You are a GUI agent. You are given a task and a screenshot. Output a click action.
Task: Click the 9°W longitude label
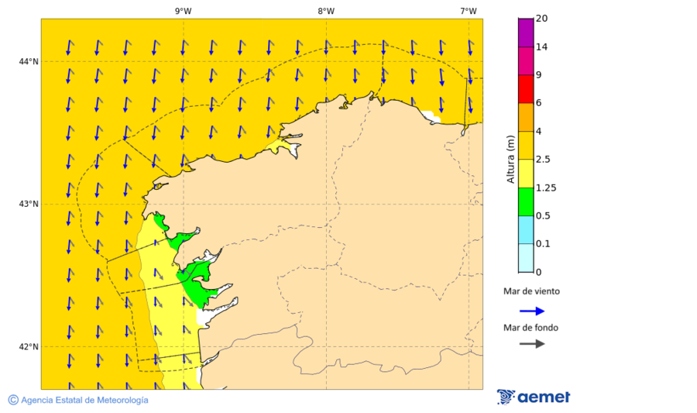pos(183,11)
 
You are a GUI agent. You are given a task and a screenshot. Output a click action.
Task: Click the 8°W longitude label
pos(326,11)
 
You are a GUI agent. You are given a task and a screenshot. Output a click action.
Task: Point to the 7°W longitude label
pos(468,11)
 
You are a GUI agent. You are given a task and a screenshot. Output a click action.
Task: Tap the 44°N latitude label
pos(29,61)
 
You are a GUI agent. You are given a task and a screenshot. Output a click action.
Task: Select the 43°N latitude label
pos(29,204)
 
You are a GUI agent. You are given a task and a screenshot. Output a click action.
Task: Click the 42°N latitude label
pos(29,346)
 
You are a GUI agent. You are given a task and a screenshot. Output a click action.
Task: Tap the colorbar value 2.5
pos(542,160)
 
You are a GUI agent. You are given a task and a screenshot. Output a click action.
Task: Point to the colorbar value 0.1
pos(542,244)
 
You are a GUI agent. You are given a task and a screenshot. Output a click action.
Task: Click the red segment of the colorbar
pos(526,88)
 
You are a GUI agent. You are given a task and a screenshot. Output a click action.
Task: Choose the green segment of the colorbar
pos(526,201)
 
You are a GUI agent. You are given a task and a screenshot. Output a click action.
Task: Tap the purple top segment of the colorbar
pos(526,32)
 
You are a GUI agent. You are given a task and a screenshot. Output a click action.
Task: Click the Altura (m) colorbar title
pos(510,159)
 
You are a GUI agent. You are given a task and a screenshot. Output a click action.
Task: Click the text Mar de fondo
pos(530,327)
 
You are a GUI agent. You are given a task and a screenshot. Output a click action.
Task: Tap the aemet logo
pos(534,397)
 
